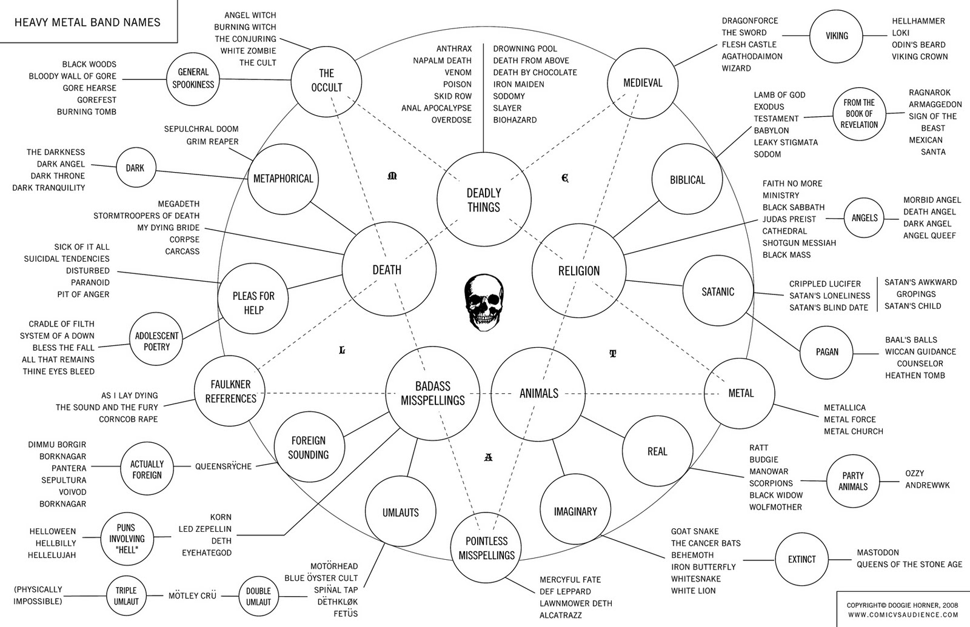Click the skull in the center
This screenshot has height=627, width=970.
click(484, 302)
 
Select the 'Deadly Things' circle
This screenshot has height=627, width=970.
click(484, 199)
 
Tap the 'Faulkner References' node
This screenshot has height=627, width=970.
click(230, 391)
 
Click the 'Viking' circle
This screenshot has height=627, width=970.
click(836, 36)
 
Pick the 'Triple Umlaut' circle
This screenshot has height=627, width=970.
click(126, 596)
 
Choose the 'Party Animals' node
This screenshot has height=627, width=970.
click(852, 481)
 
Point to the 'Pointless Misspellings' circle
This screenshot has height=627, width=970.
click(486, 548)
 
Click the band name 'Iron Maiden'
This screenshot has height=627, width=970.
click(518, 84)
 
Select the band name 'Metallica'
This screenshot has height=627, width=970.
click(845, 408)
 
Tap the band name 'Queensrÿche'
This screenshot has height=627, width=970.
click(223, 466)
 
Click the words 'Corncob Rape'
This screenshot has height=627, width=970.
click(128, 419)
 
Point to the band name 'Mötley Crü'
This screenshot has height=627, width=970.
click(192, 595)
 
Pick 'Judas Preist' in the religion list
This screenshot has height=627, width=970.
click(789, 219)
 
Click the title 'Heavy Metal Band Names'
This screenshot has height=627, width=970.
click(87, 22)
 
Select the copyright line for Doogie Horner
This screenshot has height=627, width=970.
click(903, 605)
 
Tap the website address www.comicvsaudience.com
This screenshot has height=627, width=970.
click(903, 614)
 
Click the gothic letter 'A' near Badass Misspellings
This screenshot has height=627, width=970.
click(488, 457)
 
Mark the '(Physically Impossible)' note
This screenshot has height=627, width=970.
click(38, 595)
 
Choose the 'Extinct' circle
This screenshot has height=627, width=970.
click(801, 559)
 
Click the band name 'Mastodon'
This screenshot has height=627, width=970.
click(878, 552)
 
